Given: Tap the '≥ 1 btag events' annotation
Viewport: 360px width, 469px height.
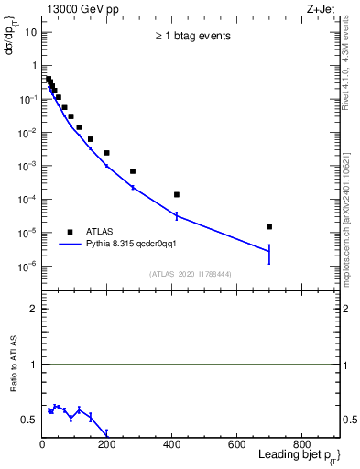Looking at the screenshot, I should [x=191, y=37].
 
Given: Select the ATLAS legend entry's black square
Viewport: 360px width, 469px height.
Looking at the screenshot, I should [x=70, y=232].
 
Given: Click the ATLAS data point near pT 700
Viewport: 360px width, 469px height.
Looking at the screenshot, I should [x=269, y=226].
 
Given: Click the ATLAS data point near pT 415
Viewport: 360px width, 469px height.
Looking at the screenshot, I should [x=177, y=194].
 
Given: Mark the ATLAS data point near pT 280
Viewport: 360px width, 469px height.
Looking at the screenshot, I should [x=133, y=171].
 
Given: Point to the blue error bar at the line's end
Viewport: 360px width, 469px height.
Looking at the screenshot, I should [x=269, y=251].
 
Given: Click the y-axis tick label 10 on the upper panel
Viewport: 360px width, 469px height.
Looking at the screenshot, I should [x=31, y=32].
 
